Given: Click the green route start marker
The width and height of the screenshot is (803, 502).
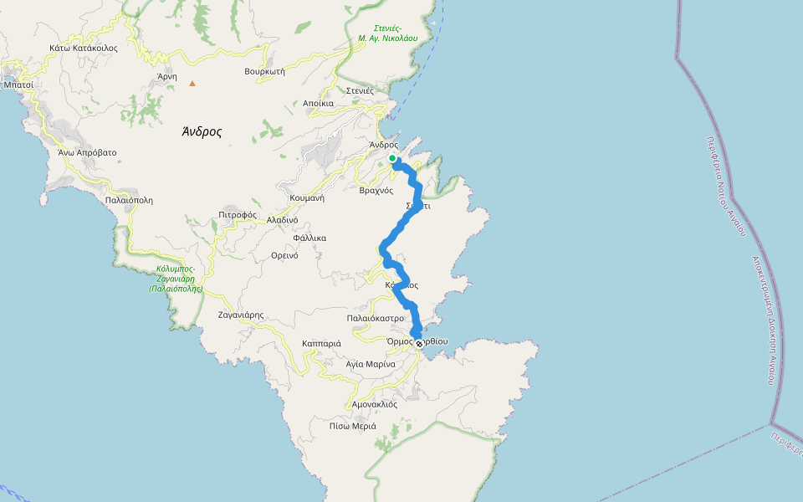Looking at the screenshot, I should (392, 158).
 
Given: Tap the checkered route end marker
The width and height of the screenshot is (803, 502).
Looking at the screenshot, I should (419, 342).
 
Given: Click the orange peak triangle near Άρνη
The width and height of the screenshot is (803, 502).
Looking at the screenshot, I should (192, 83).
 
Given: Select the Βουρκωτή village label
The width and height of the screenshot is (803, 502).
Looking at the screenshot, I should (265, 71).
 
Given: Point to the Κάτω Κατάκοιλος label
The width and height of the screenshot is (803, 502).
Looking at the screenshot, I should (83, 48).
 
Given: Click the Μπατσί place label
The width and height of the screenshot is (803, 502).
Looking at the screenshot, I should (18, 85).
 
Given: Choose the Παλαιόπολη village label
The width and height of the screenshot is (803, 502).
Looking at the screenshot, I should (130, 200).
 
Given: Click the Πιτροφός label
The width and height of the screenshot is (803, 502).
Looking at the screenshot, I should (238, 214).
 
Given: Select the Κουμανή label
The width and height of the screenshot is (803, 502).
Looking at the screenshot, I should (306, 198).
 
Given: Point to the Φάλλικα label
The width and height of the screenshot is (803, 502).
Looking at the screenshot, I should (309, 238).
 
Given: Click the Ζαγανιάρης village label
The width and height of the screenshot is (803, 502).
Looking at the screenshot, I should (241, 315).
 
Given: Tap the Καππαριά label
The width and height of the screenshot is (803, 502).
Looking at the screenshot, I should (321, 343).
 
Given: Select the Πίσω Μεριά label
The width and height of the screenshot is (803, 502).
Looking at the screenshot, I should (353, 426).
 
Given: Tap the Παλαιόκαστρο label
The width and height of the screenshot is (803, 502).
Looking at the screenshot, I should (376, 318).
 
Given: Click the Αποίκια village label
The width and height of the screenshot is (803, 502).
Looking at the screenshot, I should (319, 104).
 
